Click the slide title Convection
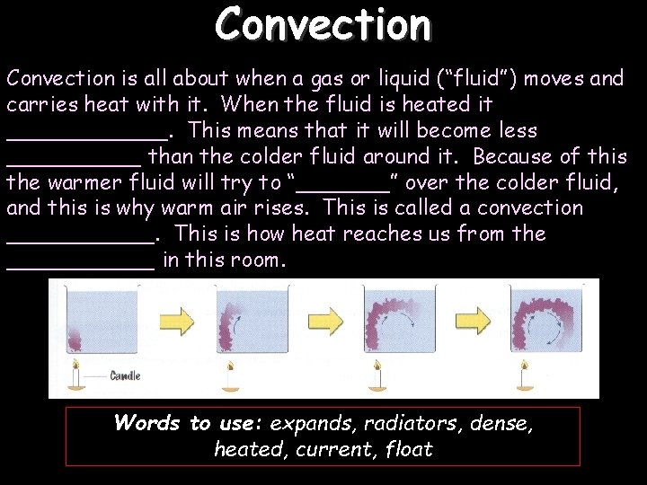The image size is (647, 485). tap(323, 24)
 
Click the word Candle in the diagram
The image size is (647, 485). tap(125, 375)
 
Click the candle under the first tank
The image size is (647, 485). tap(75, 372)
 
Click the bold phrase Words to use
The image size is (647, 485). tap(187, 423)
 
